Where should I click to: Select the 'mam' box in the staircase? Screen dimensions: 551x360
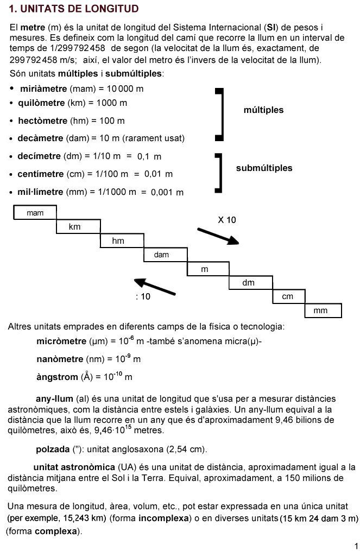point(35,213)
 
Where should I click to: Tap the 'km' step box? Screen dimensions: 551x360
point(75,226)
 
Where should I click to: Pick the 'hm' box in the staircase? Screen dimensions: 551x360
point(118,240)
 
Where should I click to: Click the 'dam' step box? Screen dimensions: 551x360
point(162,255)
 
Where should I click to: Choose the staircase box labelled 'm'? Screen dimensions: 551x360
point(205,269)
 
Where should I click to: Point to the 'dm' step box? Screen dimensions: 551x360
point(248,283)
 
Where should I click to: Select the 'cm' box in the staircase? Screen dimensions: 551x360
point(288,296)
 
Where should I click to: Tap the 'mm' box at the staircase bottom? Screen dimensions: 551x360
point(320,311)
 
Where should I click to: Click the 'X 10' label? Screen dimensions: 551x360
point(227,220)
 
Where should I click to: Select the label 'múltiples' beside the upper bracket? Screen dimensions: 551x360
point(263,110)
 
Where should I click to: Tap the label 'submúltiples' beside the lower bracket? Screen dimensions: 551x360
point(264,168)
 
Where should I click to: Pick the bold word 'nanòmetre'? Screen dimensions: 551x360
point(60,359)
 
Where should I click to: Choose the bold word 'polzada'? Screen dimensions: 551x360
point(53,449)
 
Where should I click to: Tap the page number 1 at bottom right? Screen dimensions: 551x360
point(355,545)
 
